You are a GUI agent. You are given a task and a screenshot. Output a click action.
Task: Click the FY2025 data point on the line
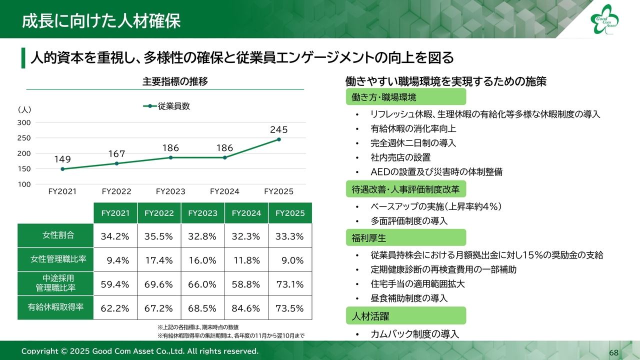[x=278, y=139]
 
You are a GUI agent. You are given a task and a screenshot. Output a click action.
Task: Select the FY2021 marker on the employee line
[x=62, y=169]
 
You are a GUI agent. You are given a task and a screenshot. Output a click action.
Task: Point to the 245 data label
[x=278, y=129]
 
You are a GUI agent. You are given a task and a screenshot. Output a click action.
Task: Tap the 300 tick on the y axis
[x=24, y=122]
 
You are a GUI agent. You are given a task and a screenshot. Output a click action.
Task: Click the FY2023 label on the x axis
[x=170, y=191]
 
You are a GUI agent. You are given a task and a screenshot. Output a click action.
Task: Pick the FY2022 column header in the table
[x=159, y=213]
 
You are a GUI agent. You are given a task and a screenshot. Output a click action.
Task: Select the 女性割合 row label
[x=55, y=235]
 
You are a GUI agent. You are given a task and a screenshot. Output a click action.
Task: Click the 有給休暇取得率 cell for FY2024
[x=246, y=308]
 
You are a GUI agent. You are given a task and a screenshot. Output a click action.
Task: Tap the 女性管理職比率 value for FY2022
[x=159, y=260]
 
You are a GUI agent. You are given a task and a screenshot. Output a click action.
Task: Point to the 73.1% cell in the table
[x=289, y=284]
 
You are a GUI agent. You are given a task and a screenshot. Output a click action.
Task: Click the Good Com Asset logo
[x=604, y=20]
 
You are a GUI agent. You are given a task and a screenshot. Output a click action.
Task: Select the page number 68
[x=613, y=353]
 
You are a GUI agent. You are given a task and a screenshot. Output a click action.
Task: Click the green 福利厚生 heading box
[x=405, y=237]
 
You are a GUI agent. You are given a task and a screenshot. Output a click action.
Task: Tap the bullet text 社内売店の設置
[x=400, y=157]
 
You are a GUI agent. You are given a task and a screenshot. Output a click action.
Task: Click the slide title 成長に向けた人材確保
[x=101, y=21]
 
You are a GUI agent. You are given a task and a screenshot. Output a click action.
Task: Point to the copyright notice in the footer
[x=140, y=351]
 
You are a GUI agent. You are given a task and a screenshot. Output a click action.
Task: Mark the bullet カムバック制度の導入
[x=414, y=334]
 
